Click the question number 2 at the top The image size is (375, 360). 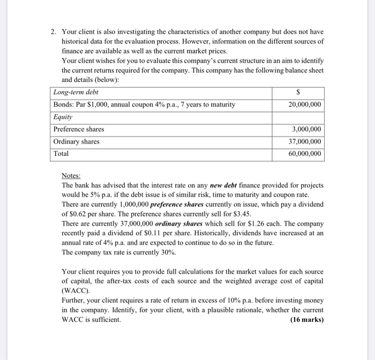[x=53, y=32]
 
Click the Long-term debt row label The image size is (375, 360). [x=76, y=92]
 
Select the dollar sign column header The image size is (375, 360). [x=305, y=93]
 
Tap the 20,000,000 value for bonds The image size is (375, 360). [x=305, y=104]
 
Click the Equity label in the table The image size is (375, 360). [x=63, y=117]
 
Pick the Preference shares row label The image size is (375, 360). [x=79, y=129]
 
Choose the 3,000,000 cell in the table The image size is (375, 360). [x=307, y=129]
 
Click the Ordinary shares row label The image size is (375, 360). [x=76, y=141]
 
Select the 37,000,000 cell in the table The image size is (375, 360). [x=305, y=141]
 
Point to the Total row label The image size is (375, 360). [x=61, y=154]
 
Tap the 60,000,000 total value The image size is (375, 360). [x=305, y=154]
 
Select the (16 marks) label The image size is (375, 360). [x=306, y=320]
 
